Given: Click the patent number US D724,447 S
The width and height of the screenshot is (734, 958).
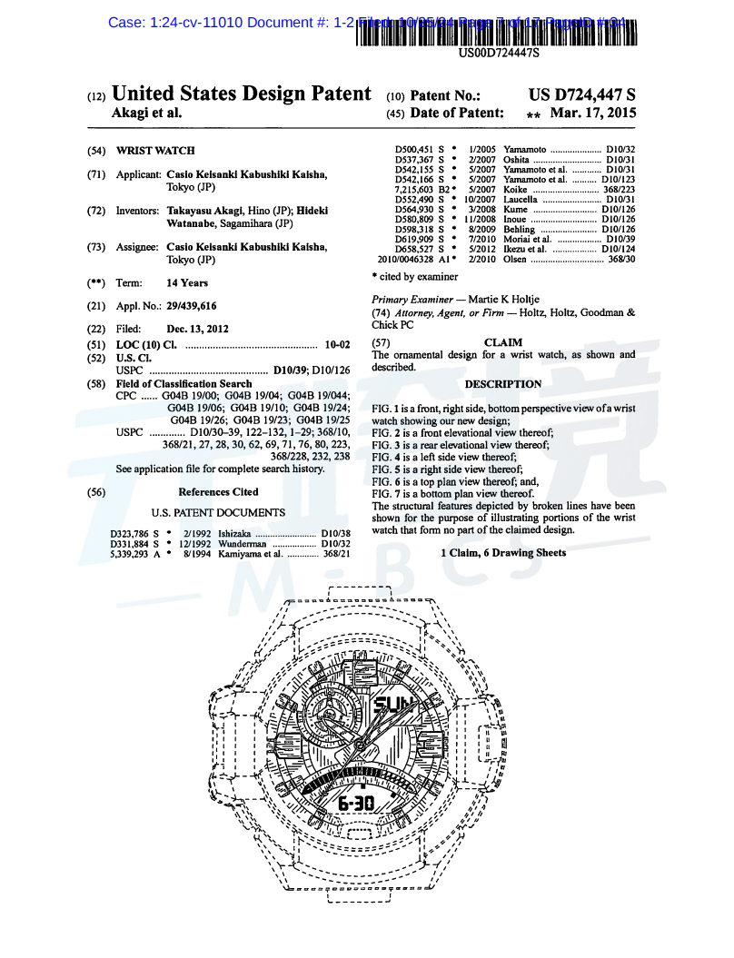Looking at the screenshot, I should click(x=581, y=94).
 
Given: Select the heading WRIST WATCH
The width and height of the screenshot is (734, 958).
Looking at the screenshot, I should click(x=155, y=151).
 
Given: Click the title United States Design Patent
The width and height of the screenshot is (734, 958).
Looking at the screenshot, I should click(x=241, y=94).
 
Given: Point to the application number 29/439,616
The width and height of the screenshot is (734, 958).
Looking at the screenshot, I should click(x=192, y=306).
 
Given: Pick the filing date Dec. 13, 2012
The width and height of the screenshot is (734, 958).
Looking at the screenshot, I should click(x=198, y=329).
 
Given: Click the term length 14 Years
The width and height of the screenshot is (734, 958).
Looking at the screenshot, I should click(x=187, y=282).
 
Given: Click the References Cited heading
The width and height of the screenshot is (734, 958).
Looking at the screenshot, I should click(x=218, y=492).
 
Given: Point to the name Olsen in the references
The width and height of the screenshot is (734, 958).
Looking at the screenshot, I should click(x=515, y=259).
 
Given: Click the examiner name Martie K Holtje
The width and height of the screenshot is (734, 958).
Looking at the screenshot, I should click(x=516, y=299).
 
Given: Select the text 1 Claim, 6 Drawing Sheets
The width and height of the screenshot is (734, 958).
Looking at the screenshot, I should click(x=503, y=553).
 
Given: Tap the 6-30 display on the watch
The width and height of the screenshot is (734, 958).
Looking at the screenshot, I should click(x=356, y=804).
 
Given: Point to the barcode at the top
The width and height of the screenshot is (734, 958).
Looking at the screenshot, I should click(x=498, y=32).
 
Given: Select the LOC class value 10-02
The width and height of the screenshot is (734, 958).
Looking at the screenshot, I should click(x=337, y=345).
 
